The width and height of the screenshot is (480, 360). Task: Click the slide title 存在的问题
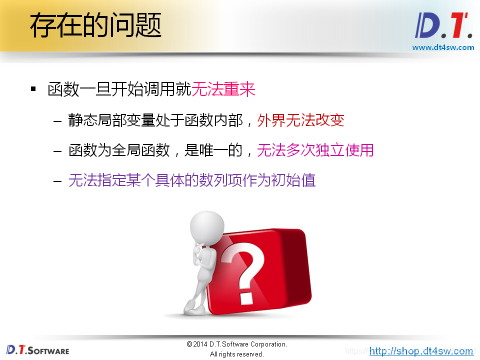coord(95,26)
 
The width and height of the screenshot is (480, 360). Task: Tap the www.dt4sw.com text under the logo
coord(443,47)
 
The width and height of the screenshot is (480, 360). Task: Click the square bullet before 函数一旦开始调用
coord(33,89)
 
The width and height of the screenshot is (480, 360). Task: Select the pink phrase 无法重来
coord(223,89)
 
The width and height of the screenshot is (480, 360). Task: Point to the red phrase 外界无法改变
coord(300,120)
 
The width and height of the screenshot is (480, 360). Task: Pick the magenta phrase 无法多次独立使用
coord(315,150)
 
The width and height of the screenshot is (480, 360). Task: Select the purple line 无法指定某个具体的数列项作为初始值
coord(192,180)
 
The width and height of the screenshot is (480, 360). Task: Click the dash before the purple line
coord(57,180)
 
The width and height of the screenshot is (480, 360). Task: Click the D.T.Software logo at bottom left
coord(38,349)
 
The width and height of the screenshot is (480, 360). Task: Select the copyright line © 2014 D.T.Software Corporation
coord(236,344)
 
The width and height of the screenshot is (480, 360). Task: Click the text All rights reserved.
coord(236,354)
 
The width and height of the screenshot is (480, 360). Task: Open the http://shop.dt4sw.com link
coord(421,351)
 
